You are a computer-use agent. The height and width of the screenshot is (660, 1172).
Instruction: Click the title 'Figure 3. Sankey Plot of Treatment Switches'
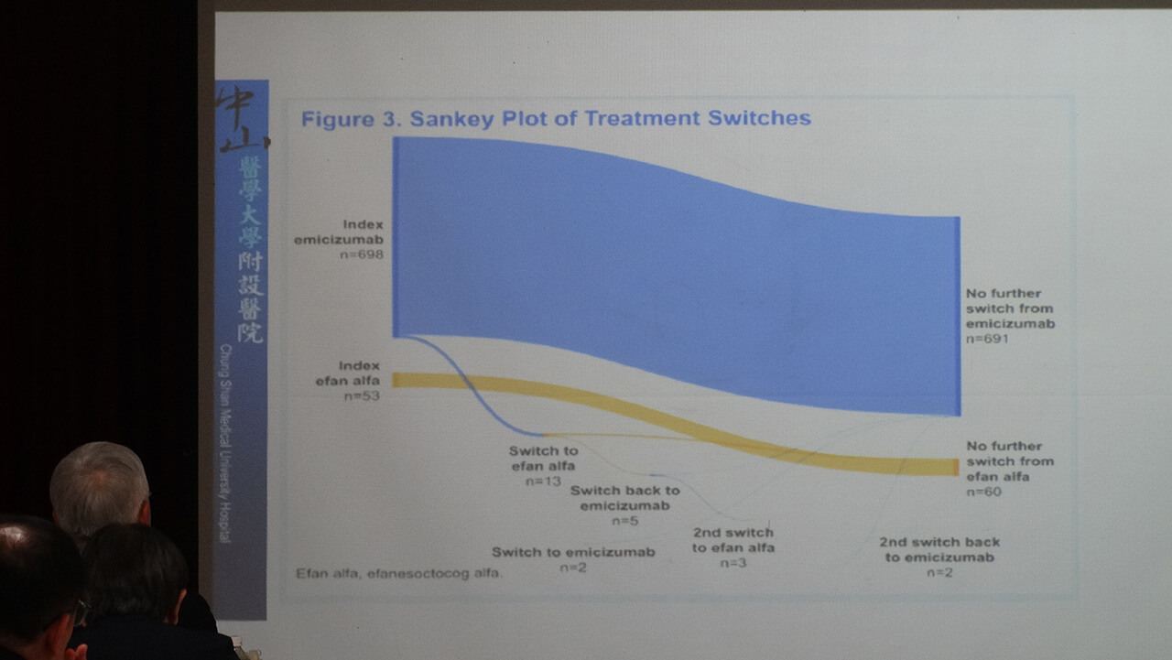click(556, 118)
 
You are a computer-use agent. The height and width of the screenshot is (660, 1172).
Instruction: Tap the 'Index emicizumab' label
click(339, 232)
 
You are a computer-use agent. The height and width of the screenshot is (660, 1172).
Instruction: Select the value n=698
click(360, 254)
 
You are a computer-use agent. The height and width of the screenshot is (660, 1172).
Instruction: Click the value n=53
click(361, 396)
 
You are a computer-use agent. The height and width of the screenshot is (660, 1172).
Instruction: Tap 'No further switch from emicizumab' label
click(1010, 308)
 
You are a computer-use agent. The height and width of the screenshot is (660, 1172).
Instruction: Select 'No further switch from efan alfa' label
click(1010, 461)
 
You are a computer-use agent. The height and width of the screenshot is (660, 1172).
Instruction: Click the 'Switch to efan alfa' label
click(544, 458)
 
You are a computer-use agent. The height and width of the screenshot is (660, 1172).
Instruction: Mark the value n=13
click(543, 481)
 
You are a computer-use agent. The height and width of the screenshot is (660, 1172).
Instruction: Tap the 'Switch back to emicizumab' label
click(624, 498)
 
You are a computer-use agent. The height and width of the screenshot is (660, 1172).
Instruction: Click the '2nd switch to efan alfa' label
click(732, 540)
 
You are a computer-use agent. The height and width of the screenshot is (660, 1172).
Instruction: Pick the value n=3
click(732, 563)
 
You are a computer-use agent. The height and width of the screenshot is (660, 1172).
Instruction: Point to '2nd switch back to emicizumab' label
click(939, 549)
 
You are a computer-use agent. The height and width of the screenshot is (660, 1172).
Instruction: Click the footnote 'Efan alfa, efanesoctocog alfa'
click(399, 574)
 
